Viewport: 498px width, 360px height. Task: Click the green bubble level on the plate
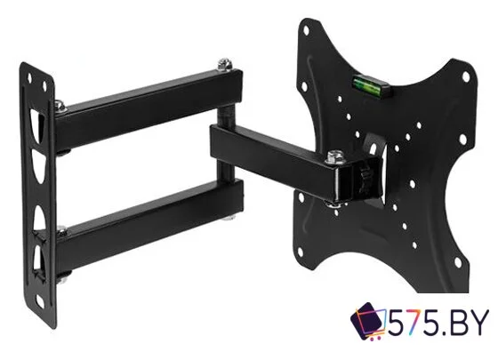(371, 85)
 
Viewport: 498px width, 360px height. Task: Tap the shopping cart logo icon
(368, 321)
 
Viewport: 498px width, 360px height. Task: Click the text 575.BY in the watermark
(438, 322)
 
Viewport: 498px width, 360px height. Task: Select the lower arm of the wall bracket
(149, 226)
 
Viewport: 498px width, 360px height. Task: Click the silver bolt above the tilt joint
(335, 156)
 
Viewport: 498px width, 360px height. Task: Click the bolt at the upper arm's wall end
(60, 106)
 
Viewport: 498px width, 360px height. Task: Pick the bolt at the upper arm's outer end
(225, 64)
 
